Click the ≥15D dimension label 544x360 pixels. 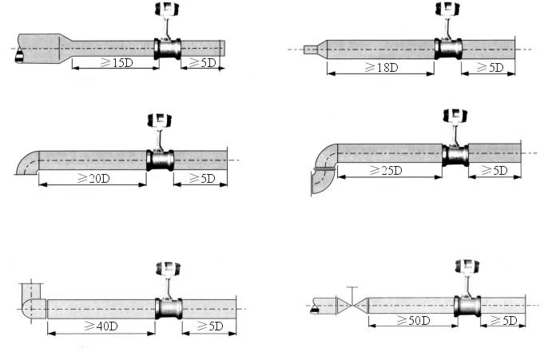[x=117, y=63]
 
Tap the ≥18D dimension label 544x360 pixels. [x=381, y=67]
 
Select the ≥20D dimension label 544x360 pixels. [x=93, y=178]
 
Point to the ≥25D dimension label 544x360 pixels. [x=386, y=170]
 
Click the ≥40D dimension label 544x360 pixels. [x=101, y=326]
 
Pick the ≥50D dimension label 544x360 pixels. [x=414, y=320]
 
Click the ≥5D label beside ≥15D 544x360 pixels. [x=203, y=63]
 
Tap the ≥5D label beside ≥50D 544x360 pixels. [x=504, y=320]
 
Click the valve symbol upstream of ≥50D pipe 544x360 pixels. [x=352, y=306]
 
